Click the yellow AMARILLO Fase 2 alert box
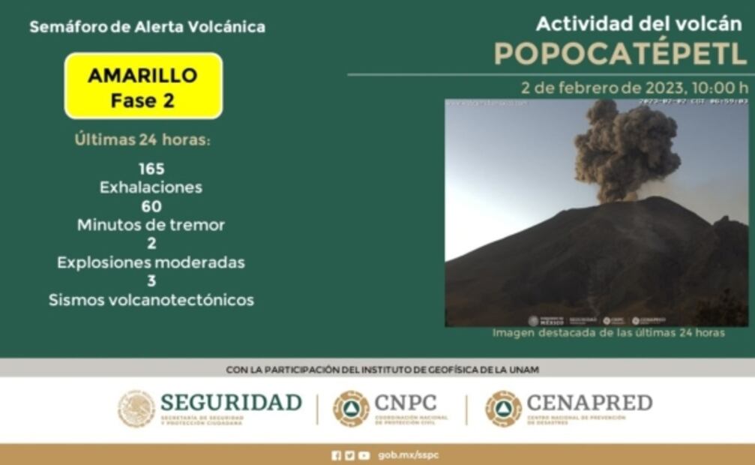[x=143, y=85]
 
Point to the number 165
[x=151, y=169]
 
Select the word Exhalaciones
[x=151, y=187]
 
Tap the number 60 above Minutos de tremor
[x=151, y=206]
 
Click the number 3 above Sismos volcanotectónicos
[x=151, y=281]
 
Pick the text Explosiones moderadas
[x=151, y=262]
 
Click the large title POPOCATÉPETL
[x=620, y=53]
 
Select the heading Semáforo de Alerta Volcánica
[x=147, y=27]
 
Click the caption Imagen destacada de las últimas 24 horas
[x=608, y=333]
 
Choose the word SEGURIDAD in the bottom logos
[x=231, y=402]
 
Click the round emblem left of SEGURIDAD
[x=136, y=409]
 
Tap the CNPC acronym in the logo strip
[x=406, y=402]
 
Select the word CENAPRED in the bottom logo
[x=589, y=402]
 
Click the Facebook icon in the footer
[x=336, y=455]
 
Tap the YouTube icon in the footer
[x=364, y=455]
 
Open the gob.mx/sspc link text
[x=409, y=455]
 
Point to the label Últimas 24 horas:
[x=142, y=139]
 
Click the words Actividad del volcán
[x=638, y=23]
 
